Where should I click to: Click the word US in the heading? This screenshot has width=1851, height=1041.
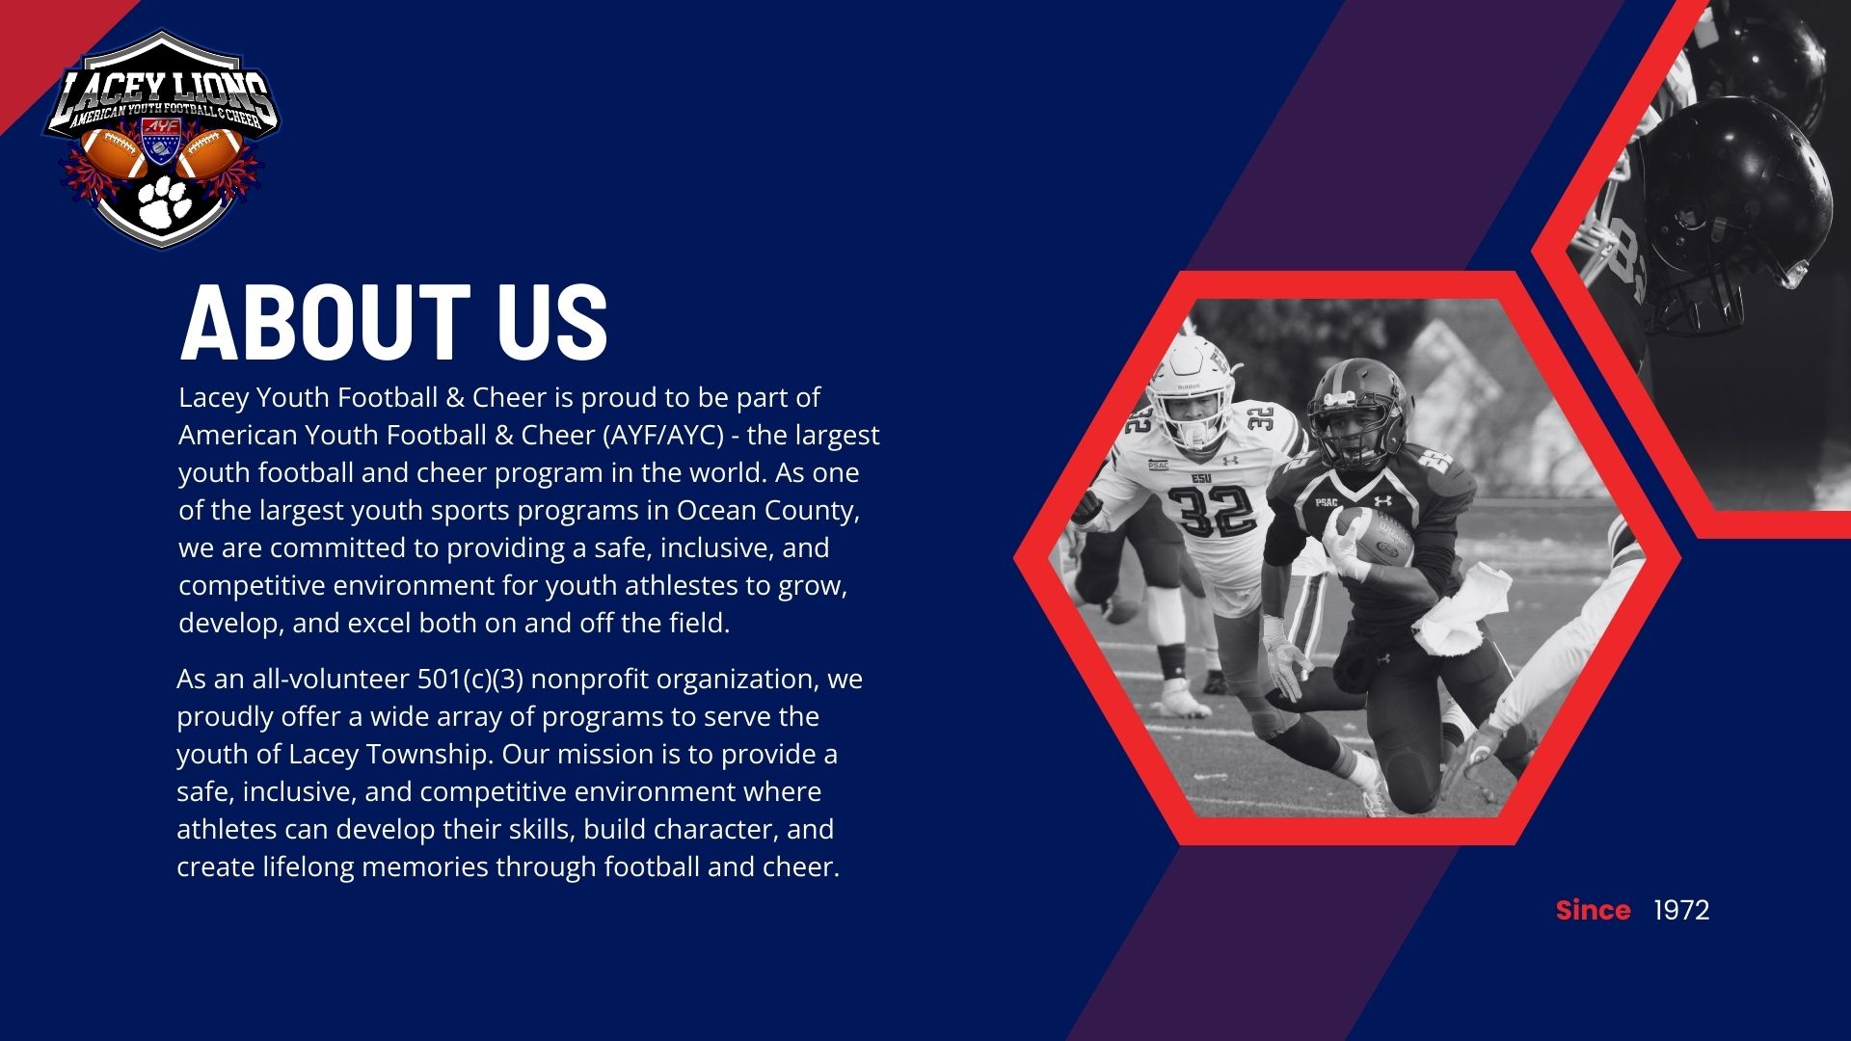[x=552, y=323]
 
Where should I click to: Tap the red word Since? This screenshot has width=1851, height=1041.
[x=1593, y=910]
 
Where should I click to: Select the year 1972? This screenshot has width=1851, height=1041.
[x=1681, y=910]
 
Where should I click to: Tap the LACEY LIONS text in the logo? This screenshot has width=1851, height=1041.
[x=161, y=93]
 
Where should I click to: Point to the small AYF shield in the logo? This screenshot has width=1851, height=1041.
[x=161, y=141]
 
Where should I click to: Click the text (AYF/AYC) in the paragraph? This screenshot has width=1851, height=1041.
[x=664, y=436]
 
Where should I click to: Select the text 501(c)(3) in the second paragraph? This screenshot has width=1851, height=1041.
[x=470, y=680]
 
